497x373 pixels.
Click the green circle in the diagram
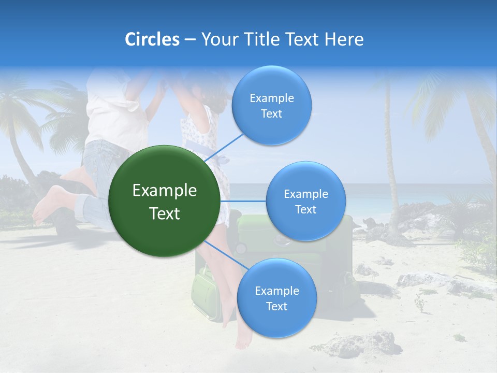tap(165, 201)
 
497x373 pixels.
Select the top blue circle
tap(271, 105)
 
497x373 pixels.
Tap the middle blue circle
tap(305, 201)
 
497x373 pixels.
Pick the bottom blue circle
tap(276, 298)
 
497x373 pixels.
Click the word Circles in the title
tap(152, 39)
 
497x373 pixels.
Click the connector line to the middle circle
tap(243, 201)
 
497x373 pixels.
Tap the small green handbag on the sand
tap(206, 293)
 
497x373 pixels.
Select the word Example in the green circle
tap(165, 191)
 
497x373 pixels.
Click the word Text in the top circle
tap(271, 114)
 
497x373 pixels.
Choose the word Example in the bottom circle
tap(276, 291)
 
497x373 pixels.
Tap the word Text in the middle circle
tap(305, 209)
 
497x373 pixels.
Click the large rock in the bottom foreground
tap(357, 343)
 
